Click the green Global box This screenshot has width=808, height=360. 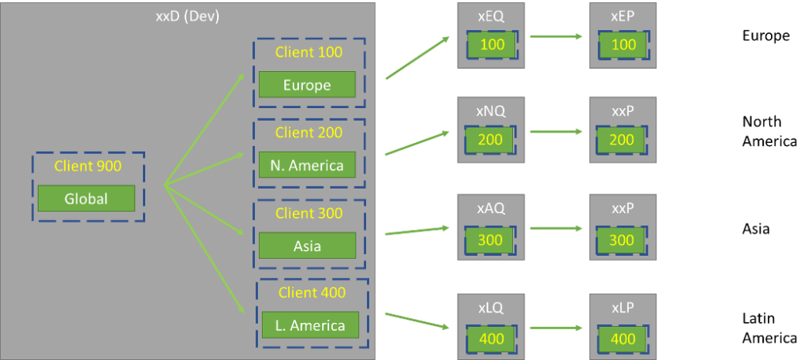click(x=86, y=198)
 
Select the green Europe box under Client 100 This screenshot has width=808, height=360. click(x=307, y=84)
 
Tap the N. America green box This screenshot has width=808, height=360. click(x=307, y=165)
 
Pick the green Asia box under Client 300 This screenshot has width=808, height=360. click(x=307, y=246)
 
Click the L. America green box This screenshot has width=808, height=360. click(x=310, y=325)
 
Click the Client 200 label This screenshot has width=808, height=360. click(x=309, y=132)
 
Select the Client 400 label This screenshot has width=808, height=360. click(x=312, y=292)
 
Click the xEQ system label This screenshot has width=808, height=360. click(x=492, y=16)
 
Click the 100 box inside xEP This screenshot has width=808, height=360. click(x=623, y=44)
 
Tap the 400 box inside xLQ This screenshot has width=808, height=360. click(x=492, y=339)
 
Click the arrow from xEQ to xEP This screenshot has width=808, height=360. click(x=557, y=36)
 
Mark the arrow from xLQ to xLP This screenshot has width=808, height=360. click(x=557, y=327)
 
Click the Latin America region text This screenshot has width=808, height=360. click(x=769, y=328)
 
